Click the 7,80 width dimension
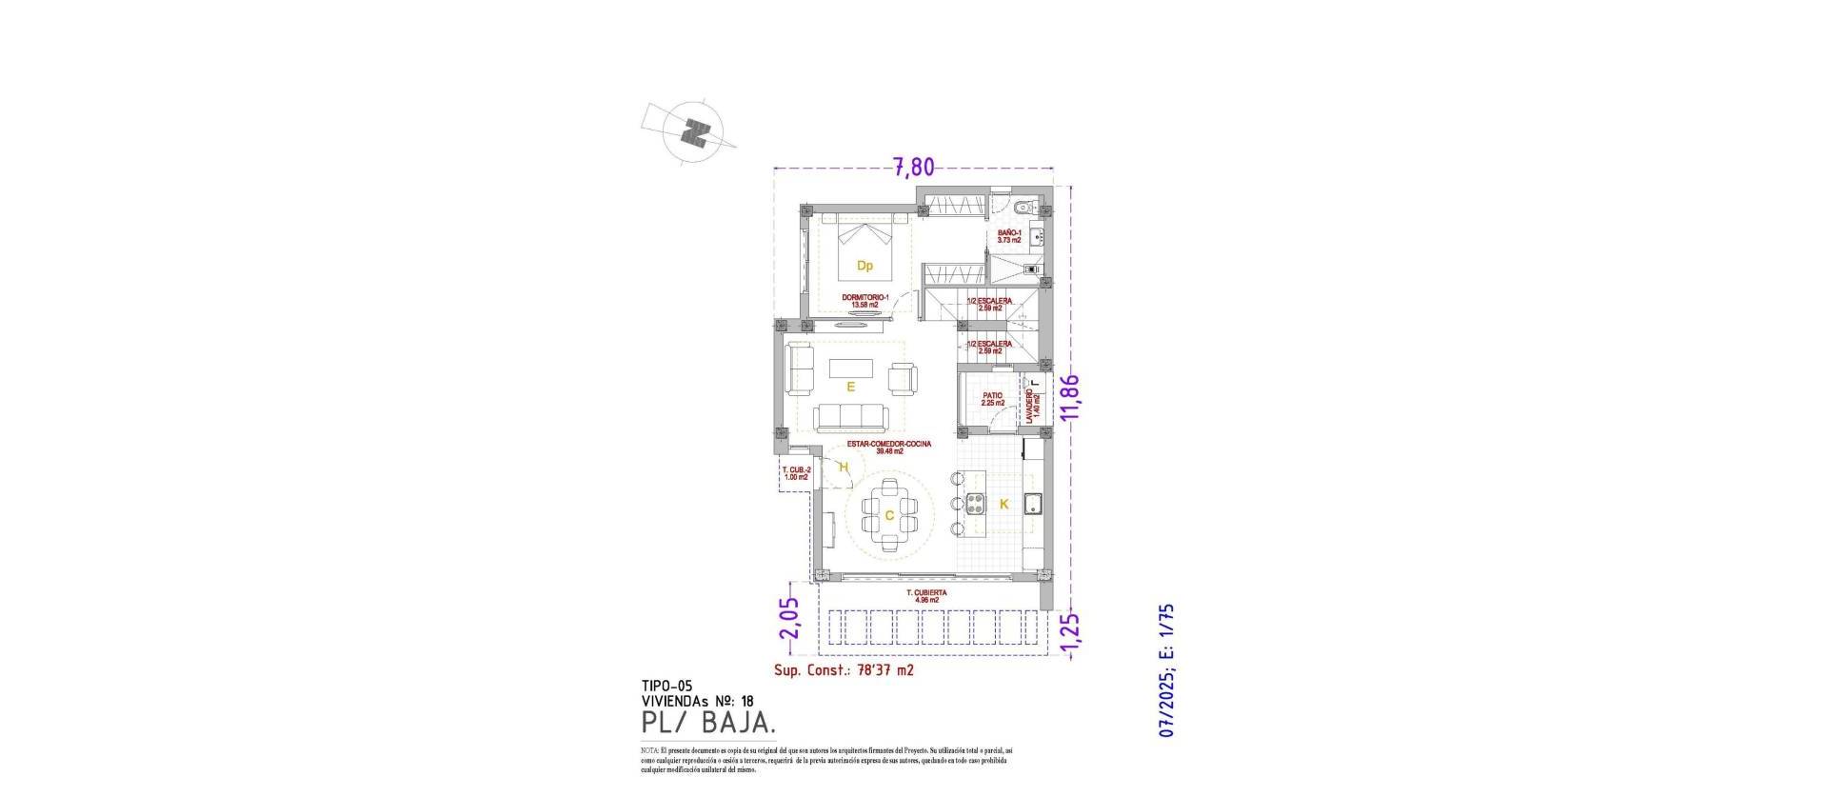click(913, 168)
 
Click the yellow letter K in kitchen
click(1003, 505)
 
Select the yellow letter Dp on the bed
click(864, 268)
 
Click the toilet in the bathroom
click(1021, 208)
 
